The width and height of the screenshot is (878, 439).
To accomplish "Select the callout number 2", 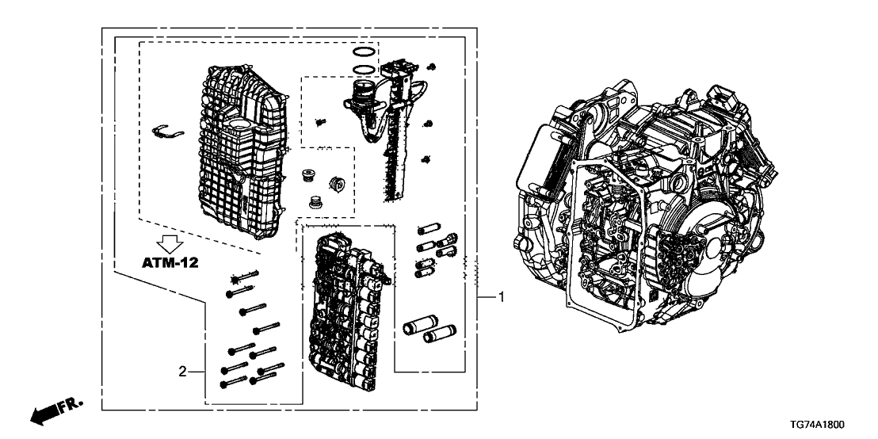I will (x=182, y=370).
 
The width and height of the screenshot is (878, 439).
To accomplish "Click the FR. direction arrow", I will (x=55, y=410).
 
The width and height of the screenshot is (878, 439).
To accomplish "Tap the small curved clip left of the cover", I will (x=168, y=131).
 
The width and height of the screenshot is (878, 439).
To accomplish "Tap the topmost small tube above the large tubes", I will (x=426, y=230).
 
